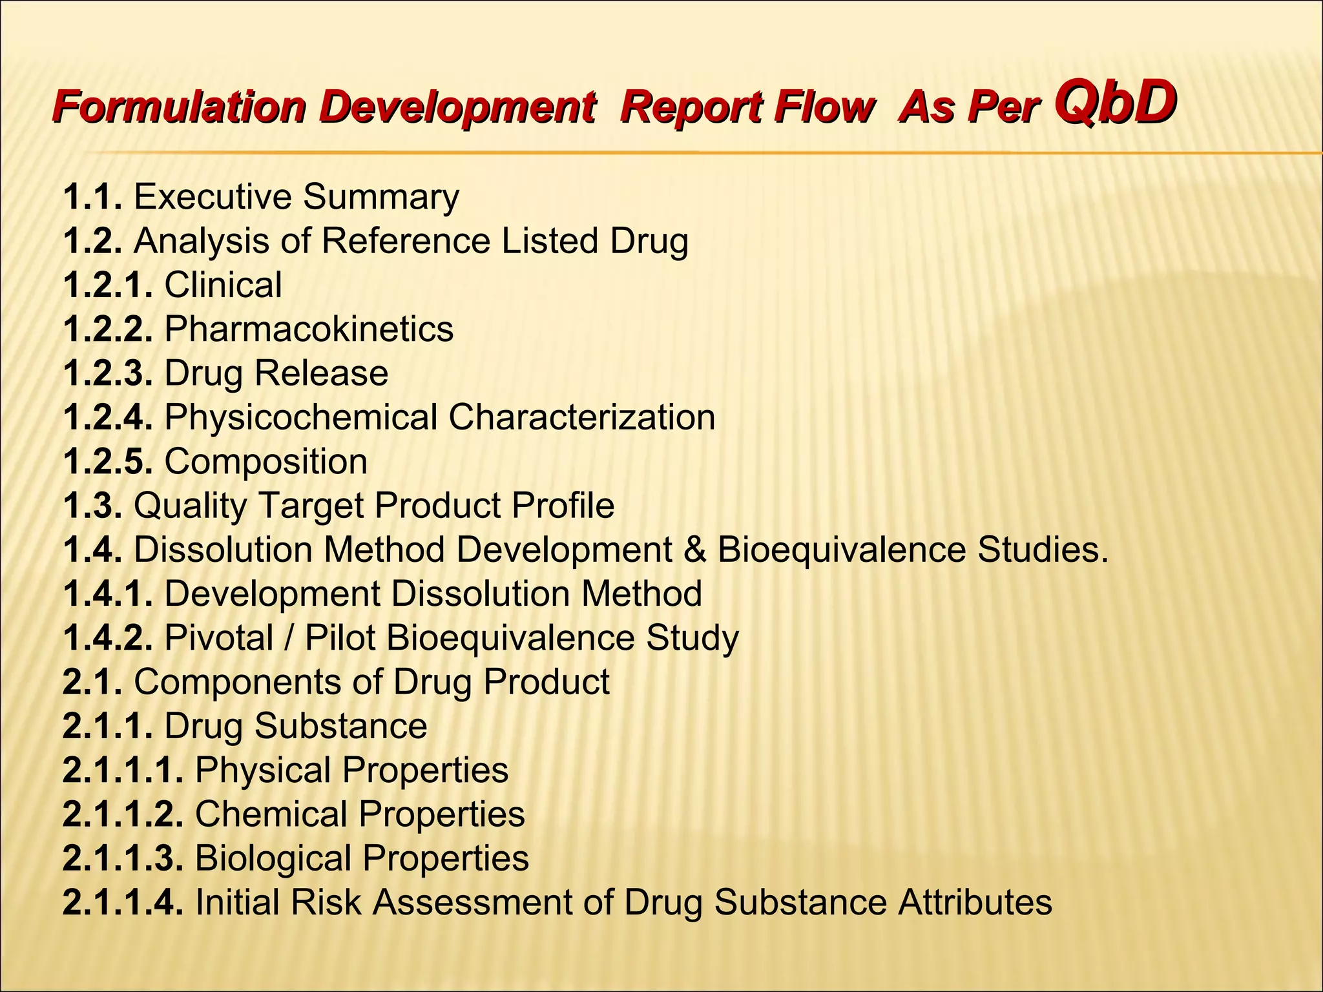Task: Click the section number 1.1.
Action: [92, 196]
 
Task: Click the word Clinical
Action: [223, 285]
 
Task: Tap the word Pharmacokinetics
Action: [309, 329]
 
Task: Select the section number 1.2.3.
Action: [108, 373]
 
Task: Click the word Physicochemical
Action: [301, 417]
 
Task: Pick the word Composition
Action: [266, 462]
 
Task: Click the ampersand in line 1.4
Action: [694, 550]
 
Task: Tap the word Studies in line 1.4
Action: [1042, 550]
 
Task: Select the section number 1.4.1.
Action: [108, 594]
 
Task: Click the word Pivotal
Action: [219, 638]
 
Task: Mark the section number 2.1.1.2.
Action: [123, 814]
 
